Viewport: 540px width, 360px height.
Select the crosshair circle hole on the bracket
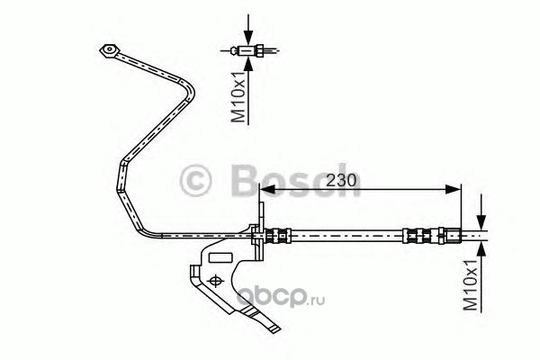click(216, 283)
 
